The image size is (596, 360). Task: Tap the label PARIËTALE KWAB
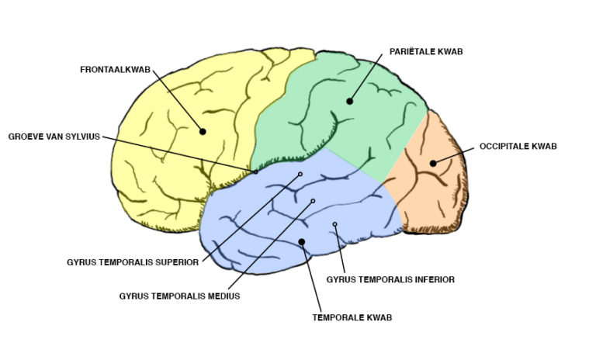click(x=427, y=53)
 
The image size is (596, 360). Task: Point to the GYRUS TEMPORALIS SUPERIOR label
click(x=133, y=262)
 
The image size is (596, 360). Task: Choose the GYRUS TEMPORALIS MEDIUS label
click(x=179, y=296)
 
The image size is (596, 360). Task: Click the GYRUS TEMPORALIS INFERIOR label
click(x=390, y=279)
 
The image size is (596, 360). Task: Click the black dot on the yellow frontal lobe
click(x=203, y=132)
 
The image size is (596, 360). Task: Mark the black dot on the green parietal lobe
click(x=349, y=101)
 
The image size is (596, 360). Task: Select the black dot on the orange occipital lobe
click(x=433, y=163)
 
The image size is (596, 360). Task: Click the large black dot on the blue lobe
click(x=302, y=242)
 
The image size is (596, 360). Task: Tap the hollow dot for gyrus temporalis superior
click(x=300, y=175)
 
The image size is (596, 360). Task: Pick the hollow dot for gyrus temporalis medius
click(x=314, y=201)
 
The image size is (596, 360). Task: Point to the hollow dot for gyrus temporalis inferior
click(x=335, y=225)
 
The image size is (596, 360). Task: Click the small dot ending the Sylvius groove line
click(x=256, y=171)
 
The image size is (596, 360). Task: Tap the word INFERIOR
click(x=431, y=279)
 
